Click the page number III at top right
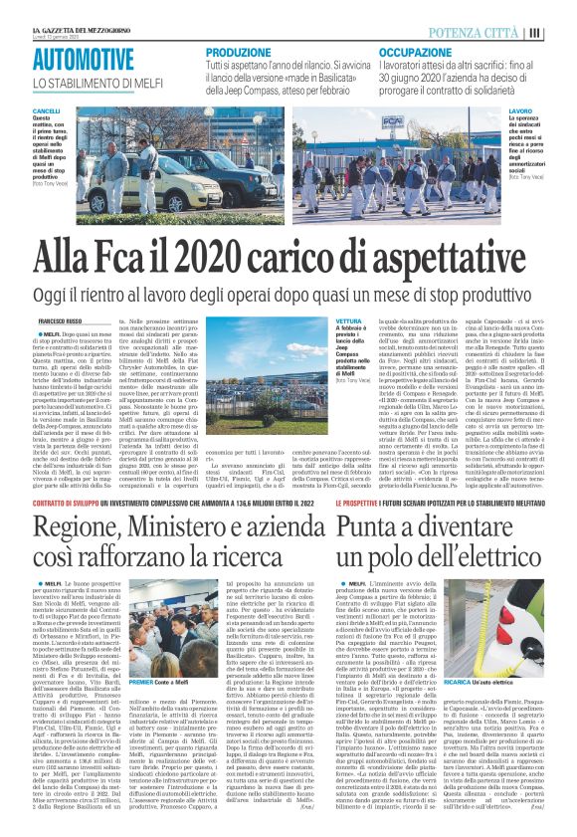[562, 32]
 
